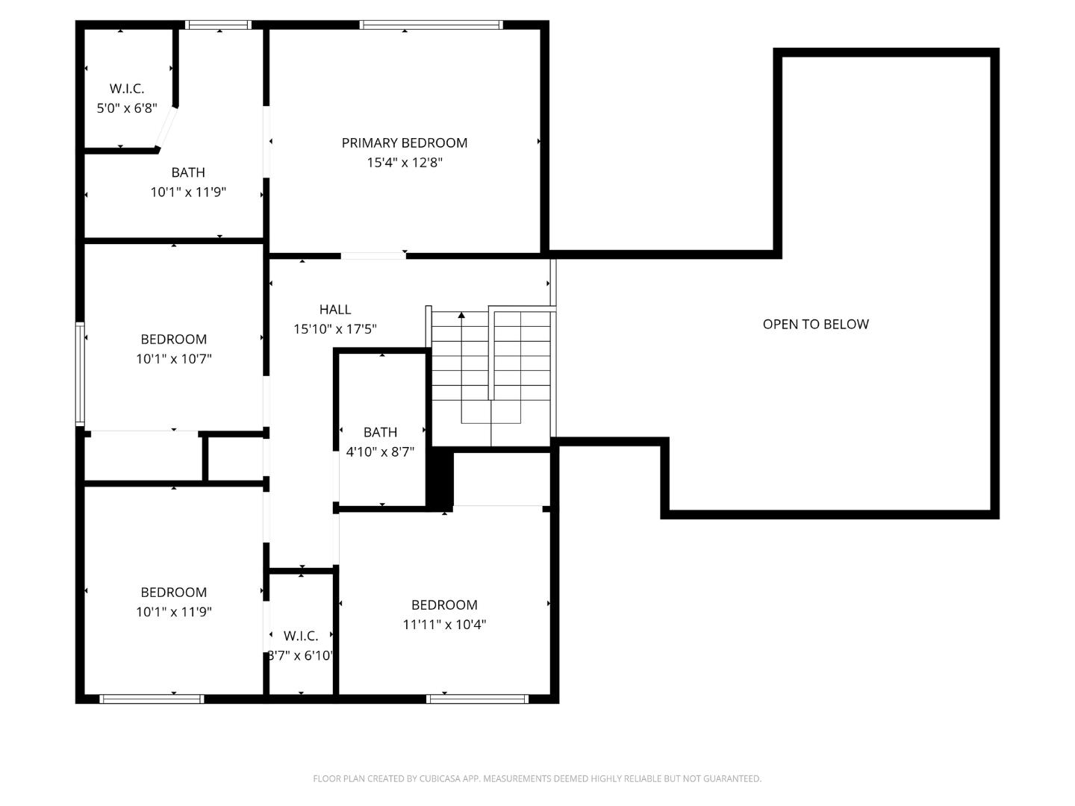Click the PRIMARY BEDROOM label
click(404, 143)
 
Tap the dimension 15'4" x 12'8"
click(404, 163)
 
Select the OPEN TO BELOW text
click(815, 324)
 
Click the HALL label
click(334, 309)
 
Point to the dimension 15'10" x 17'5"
click(334, 329)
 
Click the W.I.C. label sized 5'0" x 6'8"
click(127, 88)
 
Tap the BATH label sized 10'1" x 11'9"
click(188, 172)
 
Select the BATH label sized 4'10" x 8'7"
click(380, 432)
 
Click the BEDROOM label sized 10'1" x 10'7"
click(173, 339)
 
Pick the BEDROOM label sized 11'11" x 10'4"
click(444, 604)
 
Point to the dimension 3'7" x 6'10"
click(301, 656)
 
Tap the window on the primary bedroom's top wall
click(431, 25)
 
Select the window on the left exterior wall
click(80, 373)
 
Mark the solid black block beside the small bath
click(440, 478)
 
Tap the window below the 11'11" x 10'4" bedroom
click(477, 699)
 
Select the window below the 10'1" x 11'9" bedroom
click(152, 699)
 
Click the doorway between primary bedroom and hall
click(373, 256)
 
